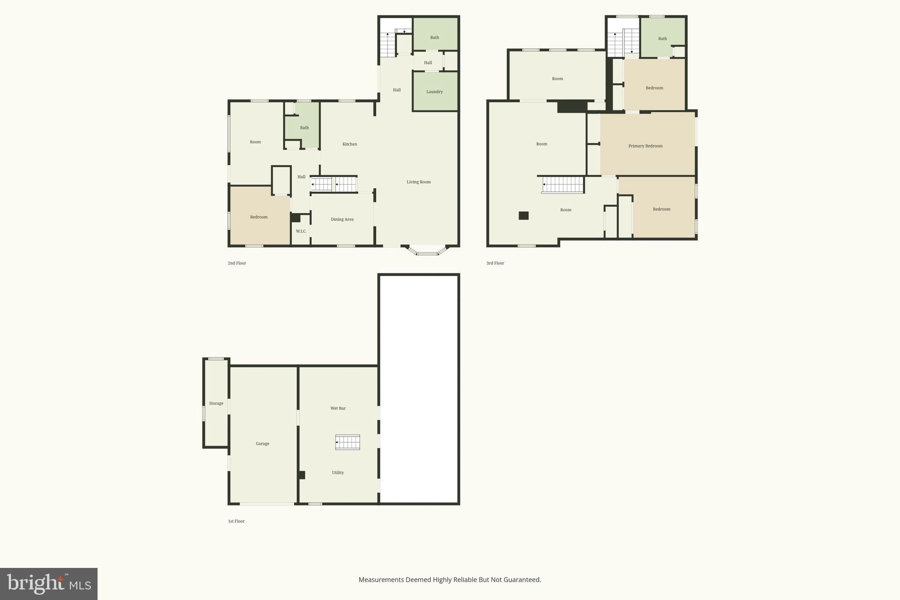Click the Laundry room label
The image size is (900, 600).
(x=434, y=92)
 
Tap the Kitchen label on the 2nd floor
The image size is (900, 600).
(x=350, y=144)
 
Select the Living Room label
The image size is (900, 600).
(x=418, y=182)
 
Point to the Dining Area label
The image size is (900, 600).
(x=342, y=219)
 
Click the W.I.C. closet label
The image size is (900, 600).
(x=301, y=231)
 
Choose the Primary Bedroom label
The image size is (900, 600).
(x=645, y=146)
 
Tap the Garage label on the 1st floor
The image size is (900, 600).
(x=262, y=444)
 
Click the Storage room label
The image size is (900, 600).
(x=216, y=403)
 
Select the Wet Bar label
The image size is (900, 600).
(x=338, y=408)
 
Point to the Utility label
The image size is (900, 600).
(x=337, y=473)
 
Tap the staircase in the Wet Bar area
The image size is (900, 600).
(x=348, y=442)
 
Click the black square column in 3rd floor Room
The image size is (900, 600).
(x=523, y=215)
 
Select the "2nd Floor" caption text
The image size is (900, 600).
(x=237, y=263)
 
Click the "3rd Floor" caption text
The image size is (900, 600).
(x=495, y=263)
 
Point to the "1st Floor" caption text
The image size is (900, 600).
(x=236, y=521)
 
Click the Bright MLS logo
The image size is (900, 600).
(x=49, y=584)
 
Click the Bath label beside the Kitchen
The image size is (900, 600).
(x=304, y=128)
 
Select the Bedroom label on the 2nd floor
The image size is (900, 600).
(x=258, y=217)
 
